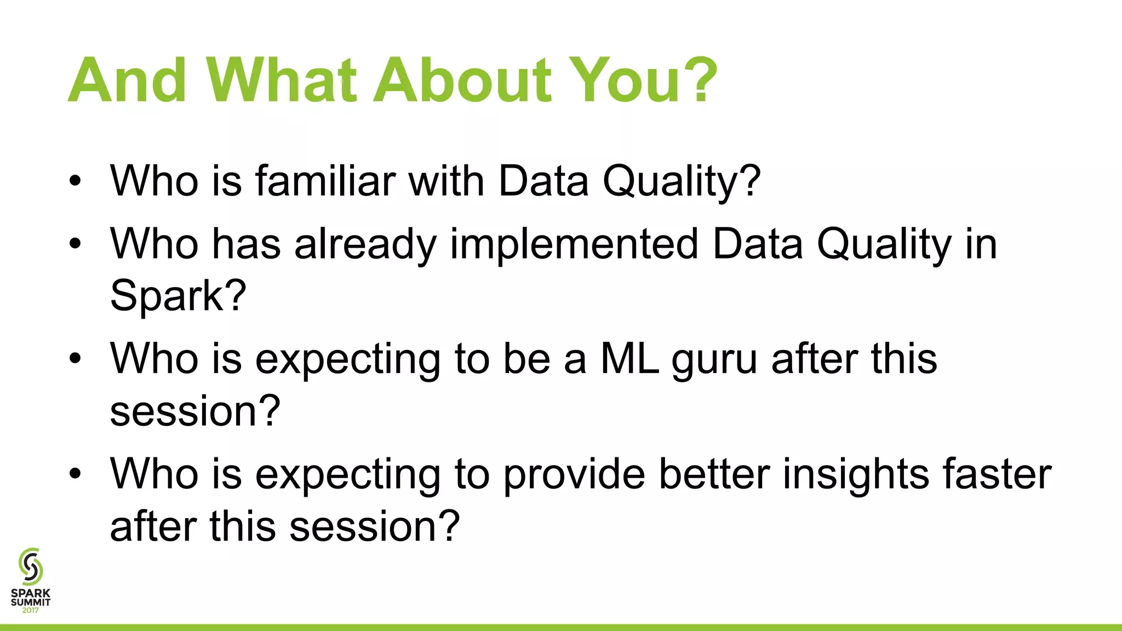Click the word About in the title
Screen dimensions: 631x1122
(462, 81)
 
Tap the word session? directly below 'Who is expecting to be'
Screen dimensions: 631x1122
(195, 411)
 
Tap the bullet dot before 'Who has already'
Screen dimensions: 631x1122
(75, 244)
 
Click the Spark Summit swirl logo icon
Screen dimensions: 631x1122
(31, 566)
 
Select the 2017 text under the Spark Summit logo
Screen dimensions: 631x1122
(31, 610)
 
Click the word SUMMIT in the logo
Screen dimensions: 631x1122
(31, 602)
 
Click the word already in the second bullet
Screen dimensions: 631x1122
(365, 245)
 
